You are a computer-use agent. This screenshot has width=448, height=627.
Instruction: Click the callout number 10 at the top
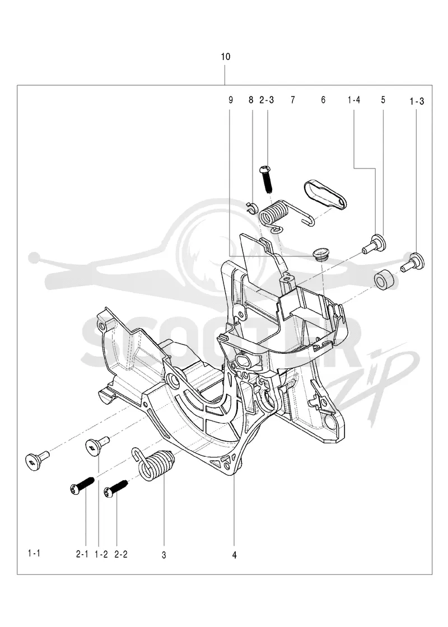(226, 57)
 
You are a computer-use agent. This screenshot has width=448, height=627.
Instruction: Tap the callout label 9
(230, 100)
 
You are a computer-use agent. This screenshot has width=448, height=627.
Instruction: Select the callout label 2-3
(267, 100)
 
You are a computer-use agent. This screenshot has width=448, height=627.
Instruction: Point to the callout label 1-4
(354, 100)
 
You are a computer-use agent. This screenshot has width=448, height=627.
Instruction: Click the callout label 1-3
(417, 101)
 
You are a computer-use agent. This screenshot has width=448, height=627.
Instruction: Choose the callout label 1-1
(34, 554)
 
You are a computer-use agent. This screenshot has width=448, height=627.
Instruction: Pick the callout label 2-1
(82, 554)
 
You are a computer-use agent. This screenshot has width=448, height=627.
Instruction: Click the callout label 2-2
(121, 554)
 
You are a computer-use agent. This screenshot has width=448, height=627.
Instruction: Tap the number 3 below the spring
(164, 555)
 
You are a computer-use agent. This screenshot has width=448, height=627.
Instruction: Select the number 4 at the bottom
(235, 555)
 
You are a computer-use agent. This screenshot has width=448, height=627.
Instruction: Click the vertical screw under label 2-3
(266, 178)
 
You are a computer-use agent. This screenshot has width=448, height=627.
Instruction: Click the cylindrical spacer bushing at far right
(386, 282)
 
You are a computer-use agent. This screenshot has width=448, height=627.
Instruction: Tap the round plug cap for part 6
(320, 254)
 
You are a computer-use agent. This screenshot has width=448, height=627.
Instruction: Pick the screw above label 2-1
(82, 484)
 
